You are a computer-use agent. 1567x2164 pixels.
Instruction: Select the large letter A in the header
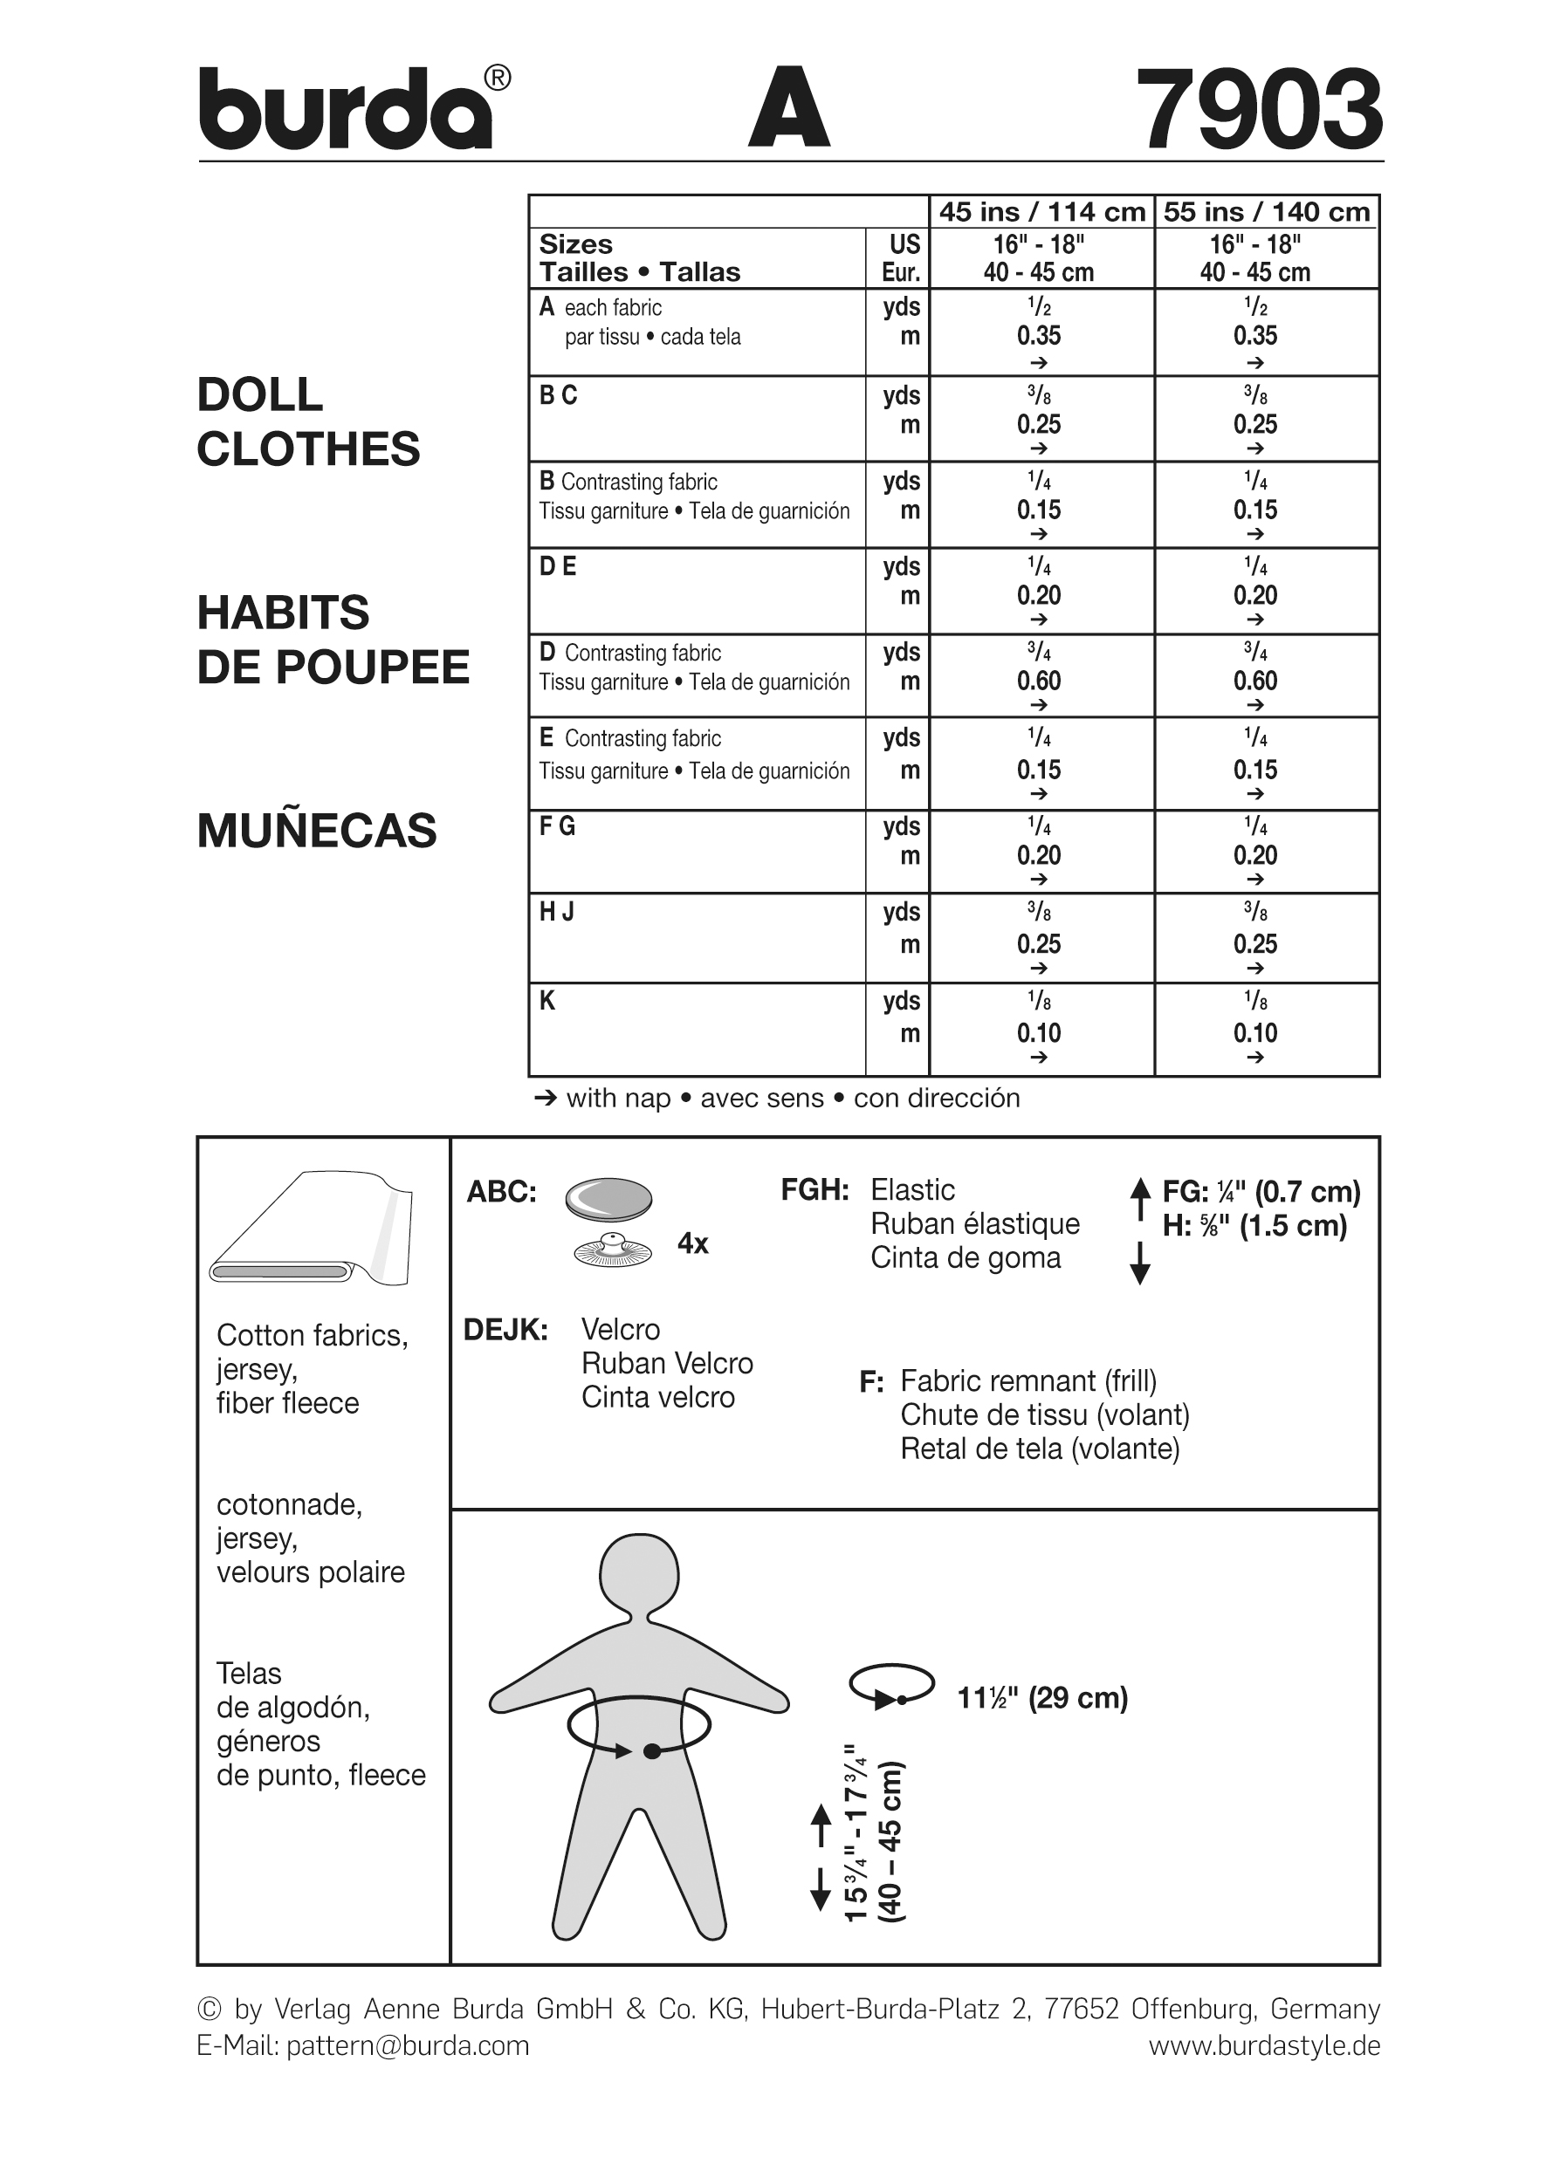[788, 108]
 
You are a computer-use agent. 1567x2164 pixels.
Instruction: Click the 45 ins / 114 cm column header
[1041, 212]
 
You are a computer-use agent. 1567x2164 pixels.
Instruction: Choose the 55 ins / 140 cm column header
[1267, 212]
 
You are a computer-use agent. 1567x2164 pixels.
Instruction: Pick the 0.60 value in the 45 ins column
[1038, 681]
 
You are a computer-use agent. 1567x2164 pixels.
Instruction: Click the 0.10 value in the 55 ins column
[1255, 1033]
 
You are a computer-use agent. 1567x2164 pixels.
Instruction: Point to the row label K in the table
[547, 1001]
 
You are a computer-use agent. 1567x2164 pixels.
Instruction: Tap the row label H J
[556, 913]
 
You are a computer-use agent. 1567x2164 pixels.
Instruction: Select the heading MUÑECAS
[317, 831]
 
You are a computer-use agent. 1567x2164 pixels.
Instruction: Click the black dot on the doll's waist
[652, 1751]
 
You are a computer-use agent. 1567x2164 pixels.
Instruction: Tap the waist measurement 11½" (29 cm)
[1042, 1698]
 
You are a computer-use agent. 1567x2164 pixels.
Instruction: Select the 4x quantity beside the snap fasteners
[693, 1243]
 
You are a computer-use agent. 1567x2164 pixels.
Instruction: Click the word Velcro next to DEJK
[621, 1329]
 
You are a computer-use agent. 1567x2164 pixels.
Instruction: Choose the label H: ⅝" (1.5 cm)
[1254, 1226]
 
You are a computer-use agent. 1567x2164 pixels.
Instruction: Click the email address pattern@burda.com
[408, 2045]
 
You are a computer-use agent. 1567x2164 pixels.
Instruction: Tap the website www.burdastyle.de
[1263, 2045]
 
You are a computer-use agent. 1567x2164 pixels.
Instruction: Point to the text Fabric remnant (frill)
[1027, 1380]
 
